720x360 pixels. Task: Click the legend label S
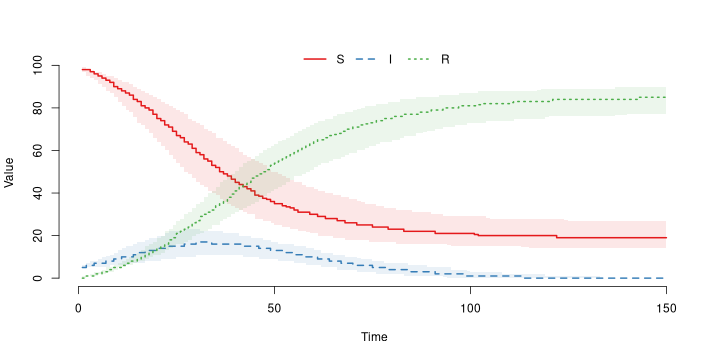coord(341,59)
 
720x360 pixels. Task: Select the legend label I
coord(390,59)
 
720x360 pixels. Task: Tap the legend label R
coord(445,59)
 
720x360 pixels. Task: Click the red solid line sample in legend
coord(315,59)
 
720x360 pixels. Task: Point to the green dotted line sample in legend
coord(419,59)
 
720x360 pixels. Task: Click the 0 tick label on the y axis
coord(66,278)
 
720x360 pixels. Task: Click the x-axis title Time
coord(374,337)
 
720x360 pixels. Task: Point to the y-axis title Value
coord(10,172)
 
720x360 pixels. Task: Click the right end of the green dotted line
coord(666,97)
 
